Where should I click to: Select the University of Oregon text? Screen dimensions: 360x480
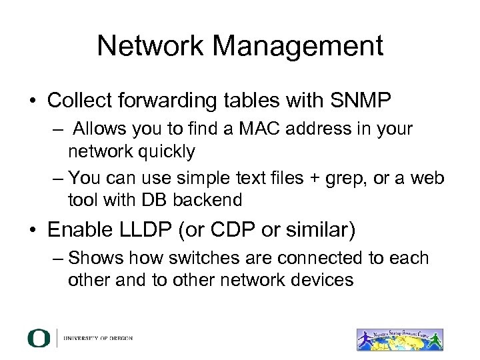click(x=98, y=338)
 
